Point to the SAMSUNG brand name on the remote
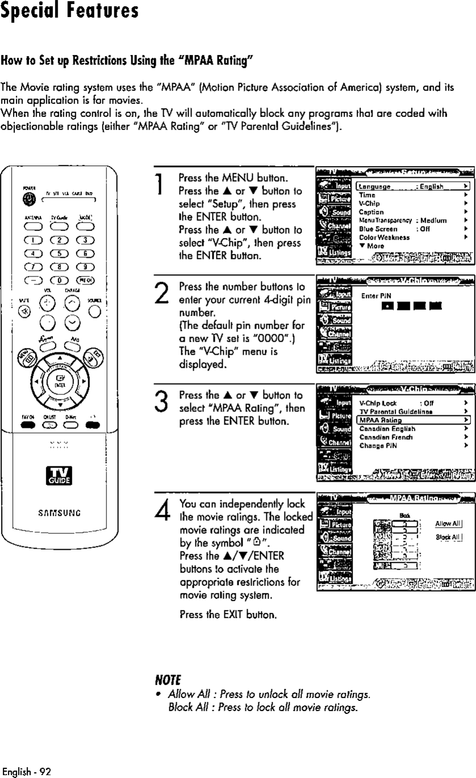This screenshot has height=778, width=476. coord(61,515)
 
